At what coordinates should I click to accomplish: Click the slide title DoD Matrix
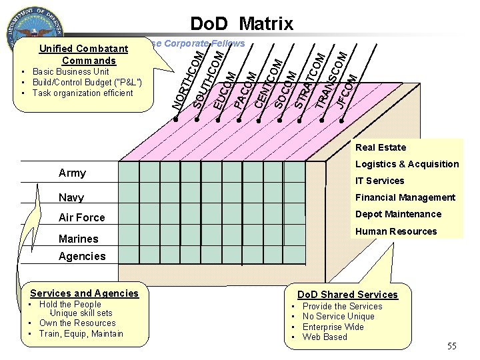pyautogui.click(x=241, y=24)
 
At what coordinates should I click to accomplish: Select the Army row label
pyautogui.click(x=72, y=173)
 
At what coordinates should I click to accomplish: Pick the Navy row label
pyautogui.click(x=71, y=197)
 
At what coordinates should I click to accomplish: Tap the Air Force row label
pyautogui.click(x=81, y=217)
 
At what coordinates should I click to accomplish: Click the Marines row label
pyautogui.click(x=78, y=239)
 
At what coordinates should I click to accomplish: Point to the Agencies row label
pyautogui.click(x=82, y=256)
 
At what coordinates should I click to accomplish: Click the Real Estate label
pyautogui.click(x=380, y=147)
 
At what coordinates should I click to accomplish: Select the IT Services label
pyautogui.click(x=379, y=181)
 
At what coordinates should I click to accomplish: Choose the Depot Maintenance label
pyautogui.click(x=398, y=214)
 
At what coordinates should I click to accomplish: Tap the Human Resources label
pyautogui.click(x=396, y=231)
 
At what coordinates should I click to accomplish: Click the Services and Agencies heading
pyautogui.click(x=85, y=293)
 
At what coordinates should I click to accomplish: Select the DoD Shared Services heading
pyautogui.click(x=347, y=295)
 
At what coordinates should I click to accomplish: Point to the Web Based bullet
pyautogui.click(x=325, y=337)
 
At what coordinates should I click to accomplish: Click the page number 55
pyautogui.click(x=452, y=346)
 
